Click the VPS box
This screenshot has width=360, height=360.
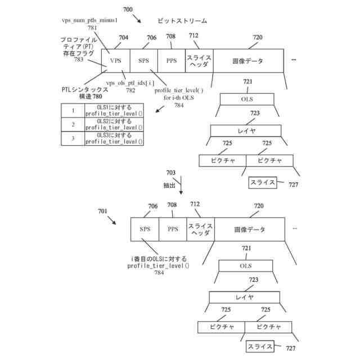115,60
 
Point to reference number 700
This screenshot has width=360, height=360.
128,10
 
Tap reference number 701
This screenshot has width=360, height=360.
102,211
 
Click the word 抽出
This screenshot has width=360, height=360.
170,184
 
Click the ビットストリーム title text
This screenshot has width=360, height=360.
182,21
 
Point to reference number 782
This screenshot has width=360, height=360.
130,90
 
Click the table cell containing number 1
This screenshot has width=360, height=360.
73,111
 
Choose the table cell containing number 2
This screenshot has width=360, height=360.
73,124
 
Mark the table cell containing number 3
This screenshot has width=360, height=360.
73,138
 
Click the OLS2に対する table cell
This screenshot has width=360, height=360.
114,124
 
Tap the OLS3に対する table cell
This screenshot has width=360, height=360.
114,138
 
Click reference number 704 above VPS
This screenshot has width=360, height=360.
123,38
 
